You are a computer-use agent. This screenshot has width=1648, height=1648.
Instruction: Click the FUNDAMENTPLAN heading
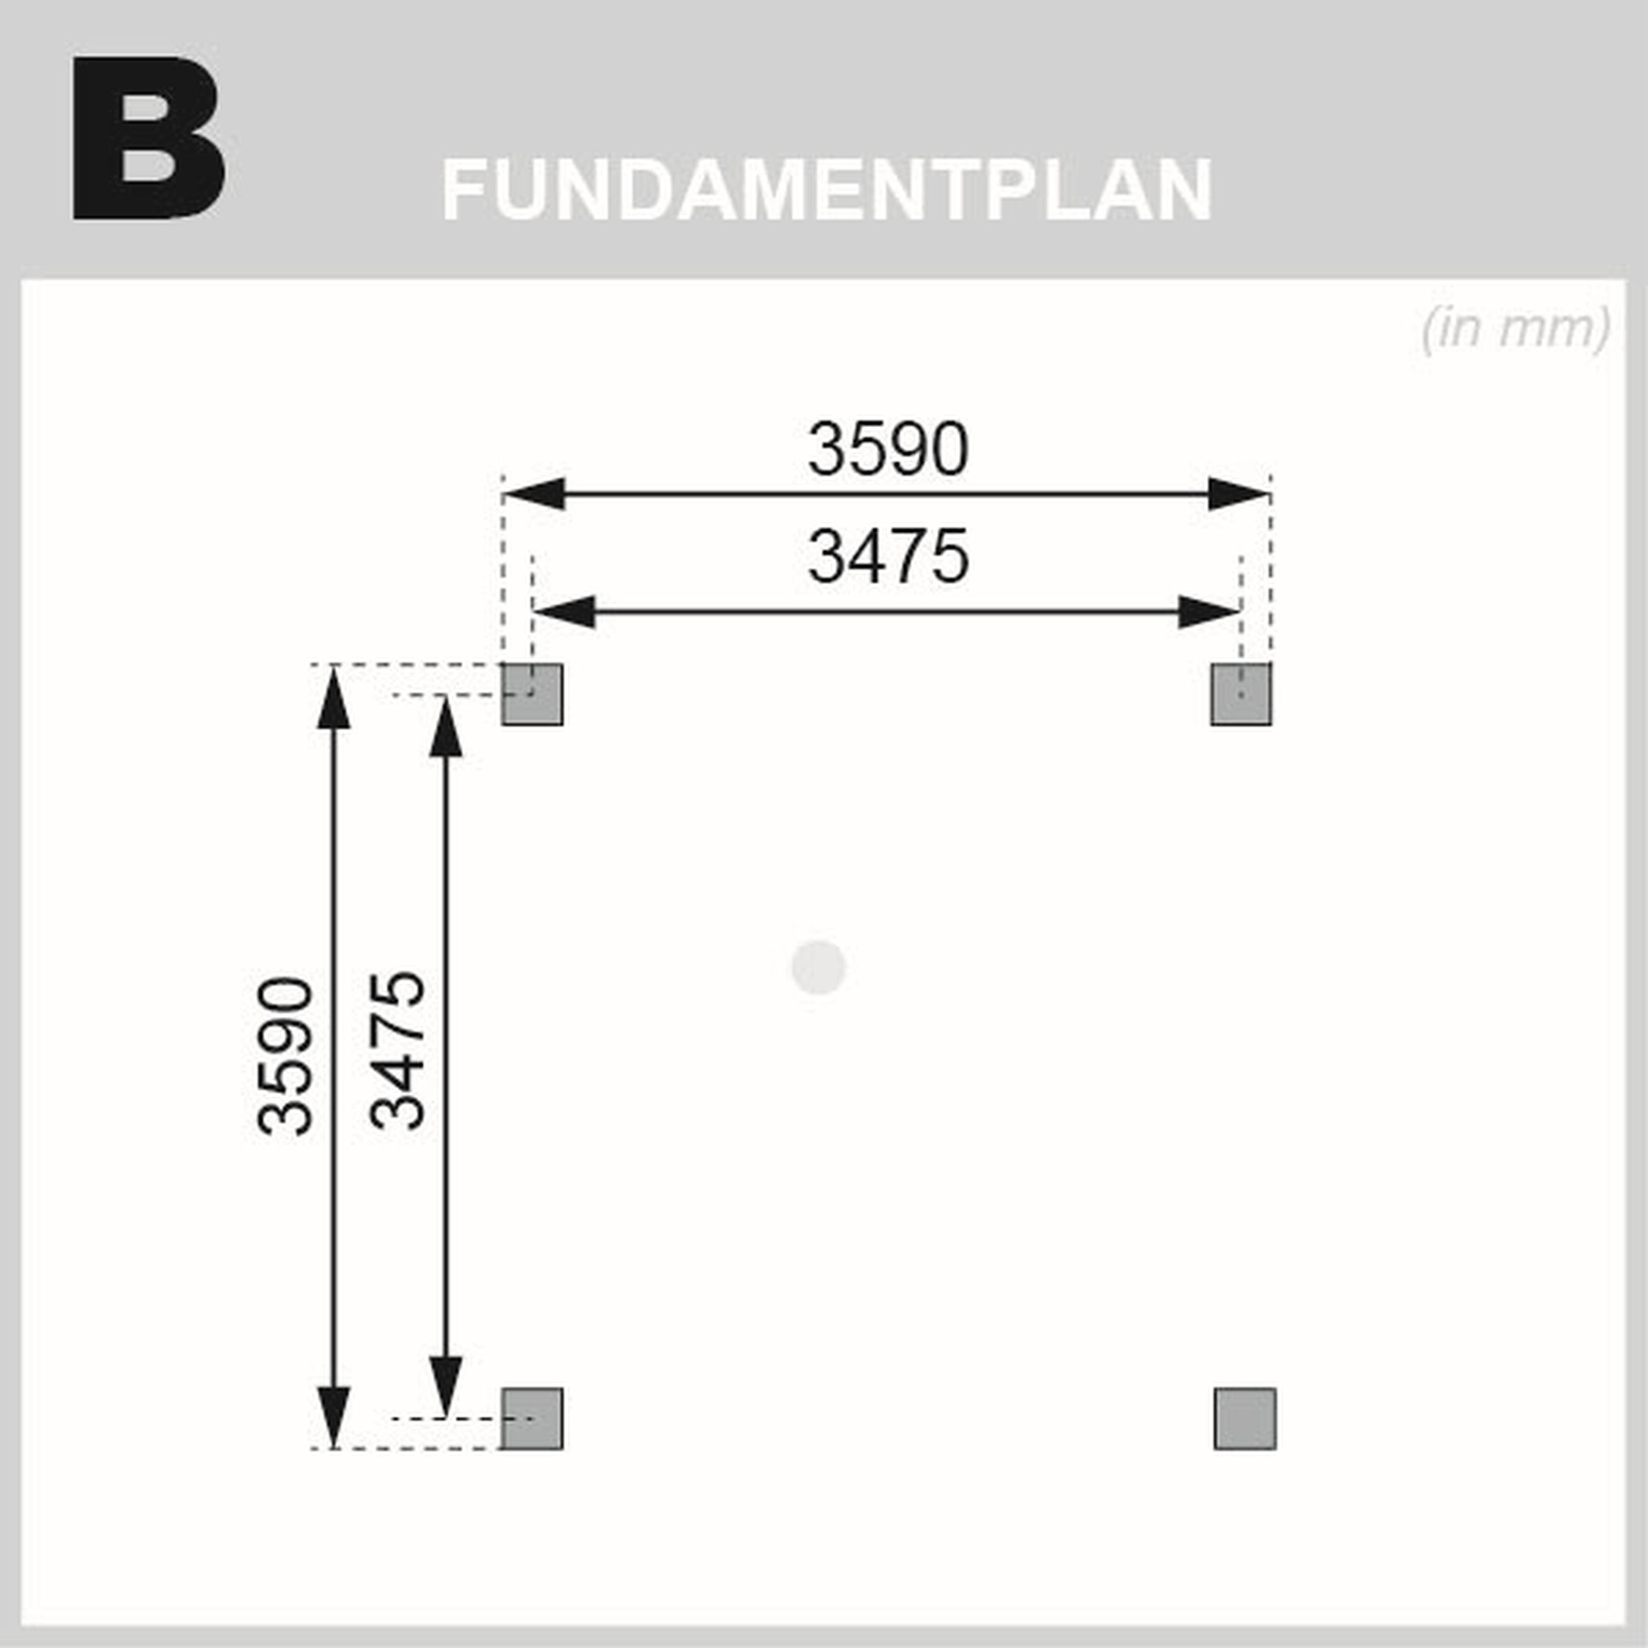click(826, 189)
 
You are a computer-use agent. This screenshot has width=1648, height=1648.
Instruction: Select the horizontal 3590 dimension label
click(888, 449)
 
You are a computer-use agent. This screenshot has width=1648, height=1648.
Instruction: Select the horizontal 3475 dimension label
click(888, 556)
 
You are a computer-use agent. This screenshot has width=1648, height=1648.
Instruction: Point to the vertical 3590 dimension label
click(285, 1057)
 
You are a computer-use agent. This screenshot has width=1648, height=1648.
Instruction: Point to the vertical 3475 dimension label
click(396, 1050)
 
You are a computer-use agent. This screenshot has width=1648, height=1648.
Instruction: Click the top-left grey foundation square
click(531, 695)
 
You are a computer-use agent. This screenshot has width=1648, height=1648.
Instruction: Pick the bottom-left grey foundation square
click(531, 1419)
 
